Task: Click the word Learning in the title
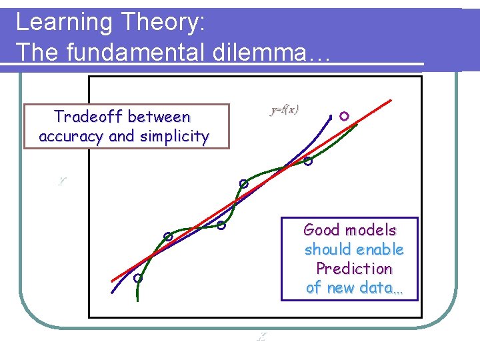pyautogui.click(x=55, y=23)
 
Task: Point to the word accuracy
pyautogui.click(x=71, y=137)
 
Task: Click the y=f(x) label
pyautogui.click(x=285, y=110)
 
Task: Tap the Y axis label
pyautogui.click(x=61, y=181)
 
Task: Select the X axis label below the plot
pyautogui.click(x=261, y=337)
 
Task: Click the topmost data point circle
pyautogui.click(x=343, y=116)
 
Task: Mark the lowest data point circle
pyautogui.click(x=137, y=279)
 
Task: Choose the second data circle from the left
pyautogui.click(x=169, y=236)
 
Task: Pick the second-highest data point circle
pyautogui.click(x=308, y=161)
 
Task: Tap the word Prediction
pyautogui.click(x=354, y=269)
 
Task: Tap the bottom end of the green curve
pyautogui.click(x=137, y=301)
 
